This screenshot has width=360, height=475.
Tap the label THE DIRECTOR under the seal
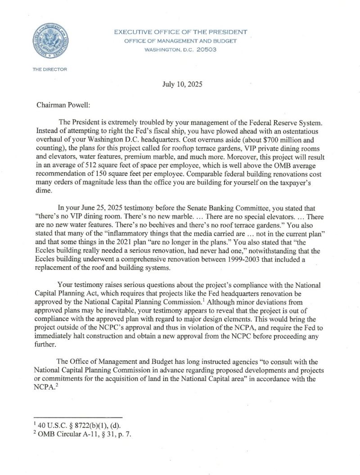tap(49, 69)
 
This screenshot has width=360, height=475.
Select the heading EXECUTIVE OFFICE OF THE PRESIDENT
tap(180, 32)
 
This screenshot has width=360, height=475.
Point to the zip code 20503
tap(207, 49)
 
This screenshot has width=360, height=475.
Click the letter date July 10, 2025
tap(180, 85)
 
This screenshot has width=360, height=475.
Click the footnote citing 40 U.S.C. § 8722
tap(76, 426)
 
